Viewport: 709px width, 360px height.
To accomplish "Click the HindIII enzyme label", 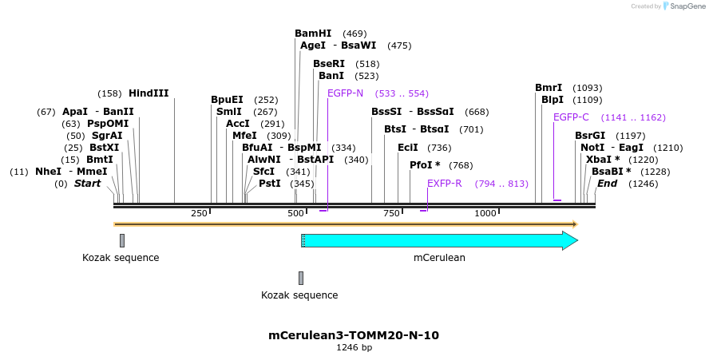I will pos(149,93).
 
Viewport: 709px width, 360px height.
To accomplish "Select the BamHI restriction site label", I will pos(313,34).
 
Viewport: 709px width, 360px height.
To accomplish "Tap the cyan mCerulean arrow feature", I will pos(439,240).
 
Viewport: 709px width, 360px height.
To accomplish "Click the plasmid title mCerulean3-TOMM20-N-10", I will pos(354,335).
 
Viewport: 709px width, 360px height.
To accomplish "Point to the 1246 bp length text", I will pos(354,348).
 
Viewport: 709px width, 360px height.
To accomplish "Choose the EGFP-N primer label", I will pos(345,93).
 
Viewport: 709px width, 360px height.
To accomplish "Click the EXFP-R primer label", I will pos(445,184).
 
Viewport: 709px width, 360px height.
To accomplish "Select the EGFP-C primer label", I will pos(571,117).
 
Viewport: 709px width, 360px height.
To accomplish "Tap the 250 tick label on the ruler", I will pos(199,214).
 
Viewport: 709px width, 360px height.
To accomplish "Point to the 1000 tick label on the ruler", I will pos(485,214).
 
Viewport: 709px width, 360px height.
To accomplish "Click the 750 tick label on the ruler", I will pos(391,214).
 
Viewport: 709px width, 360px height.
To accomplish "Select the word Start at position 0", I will pos(87,184).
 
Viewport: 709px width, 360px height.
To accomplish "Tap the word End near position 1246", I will pos(607,184).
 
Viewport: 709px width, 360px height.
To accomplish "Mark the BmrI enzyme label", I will pos(549,88).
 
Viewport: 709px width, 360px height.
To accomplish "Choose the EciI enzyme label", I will pos(407,148).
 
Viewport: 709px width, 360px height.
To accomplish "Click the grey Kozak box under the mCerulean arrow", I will pos(301,278).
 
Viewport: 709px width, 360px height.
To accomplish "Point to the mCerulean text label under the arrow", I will pos(439,258).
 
